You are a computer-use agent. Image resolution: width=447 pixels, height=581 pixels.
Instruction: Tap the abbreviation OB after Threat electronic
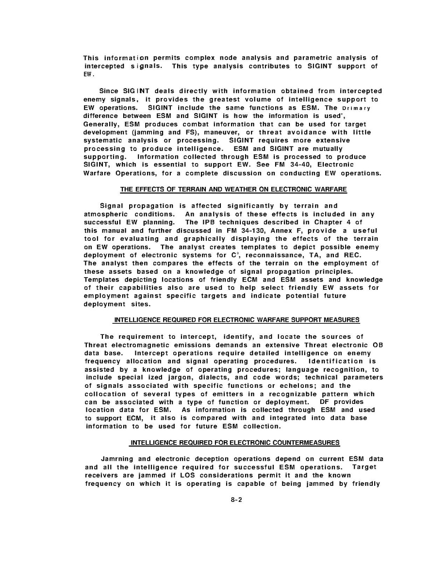pyautogui.click(x=377, y=345)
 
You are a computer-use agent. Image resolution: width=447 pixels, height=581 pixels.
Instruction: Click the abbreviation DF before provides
pyautogui.click(x=325, y=402)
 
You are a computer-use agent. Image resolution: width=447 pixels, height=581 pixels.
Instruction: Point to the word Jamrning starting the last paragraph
pyautogui.click(x=120, y=459)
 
